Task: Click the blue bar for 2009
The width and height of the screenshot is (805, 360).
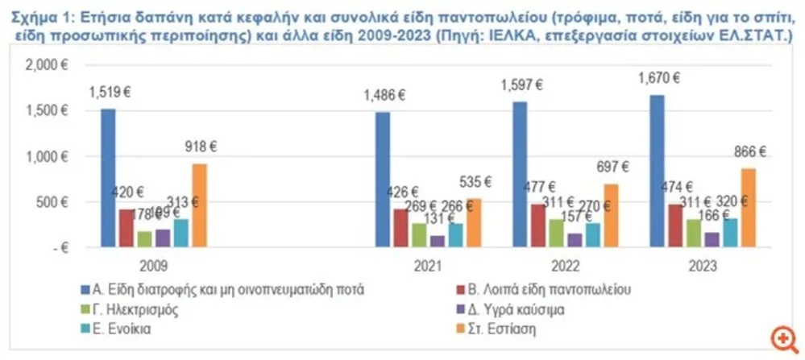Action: [x=108, y=177]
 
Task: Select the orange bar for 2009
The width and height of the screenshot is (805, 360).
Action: [x=199, y=205]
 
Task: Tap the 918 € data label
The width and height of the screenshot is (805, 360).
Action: [x=201, y=147]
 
